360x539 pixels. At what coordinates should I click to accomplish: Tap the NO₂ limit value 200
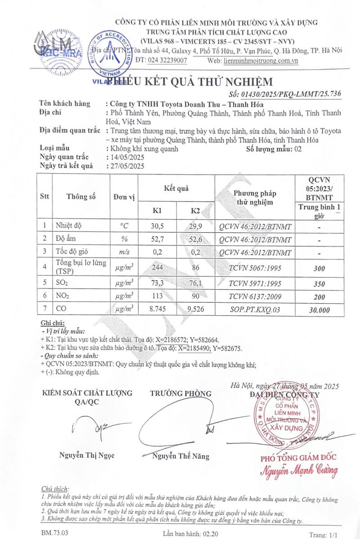319,296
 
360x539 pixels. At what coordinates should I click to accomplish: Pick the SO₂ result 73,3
157,283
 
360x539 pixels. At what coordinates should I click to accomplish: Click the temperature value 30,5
157,226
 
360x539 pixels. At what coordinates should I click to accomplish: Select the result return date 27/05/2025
125,166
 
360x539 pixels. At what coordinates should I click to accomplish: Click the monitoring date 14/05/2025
125,157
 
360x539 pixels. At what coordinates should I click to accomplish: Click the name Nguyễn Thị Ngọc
87,455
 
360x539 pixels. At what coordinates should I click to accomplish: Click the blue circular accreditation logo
108,54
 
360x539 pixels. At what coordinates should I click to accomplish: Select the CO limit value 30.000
319,310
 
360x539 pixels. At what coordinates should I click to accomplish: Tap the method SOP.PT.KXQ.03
254,309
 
